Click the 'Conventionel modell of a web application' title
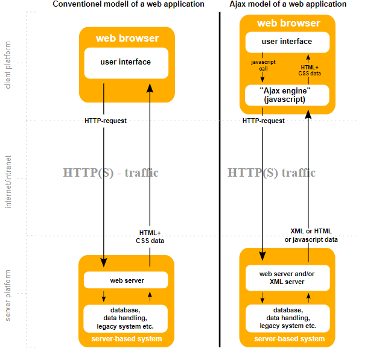click(x=129, y=4)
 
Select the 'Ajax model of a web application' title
click(x=287, y=4)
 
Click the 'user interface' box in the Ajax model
click(x=287, y=42)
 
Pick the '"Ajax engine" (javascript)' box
click(x=287, y=95)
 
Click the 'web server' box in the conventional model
click(x=126, y=280)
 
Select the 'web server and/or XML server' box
click(x=287, y=277)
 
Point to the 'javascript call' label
click(x=263, y=65)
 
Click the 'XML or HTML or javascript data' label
click(x=311, y=235)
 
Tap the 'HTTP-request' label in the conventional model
click(x=106, y=121)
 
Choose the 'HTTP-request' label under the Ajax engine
click(x=264, y=121)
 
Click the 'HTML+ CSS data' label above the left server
click(x=150, y=236)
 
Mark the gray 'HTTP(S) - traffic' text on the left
click(x=110, y=172)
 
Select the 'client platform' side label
click(x=8, y=65)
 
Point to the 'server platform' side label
click(x=8, y=295)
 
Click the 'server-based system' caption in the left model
click(x=126, y=339)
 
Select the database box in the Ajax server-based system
click(x=287, y=317)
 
